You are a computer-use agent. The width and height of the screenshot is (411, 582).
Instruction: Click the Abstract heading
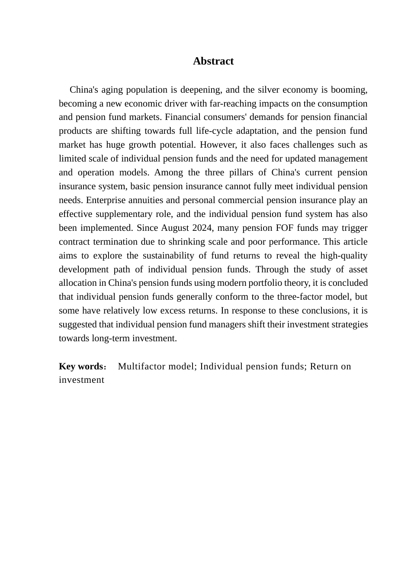213,61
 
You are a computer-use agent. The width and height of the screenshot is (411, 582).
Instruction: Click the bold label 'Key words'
80,366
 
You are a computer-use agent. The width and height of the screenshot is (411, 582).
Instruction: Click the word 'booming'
350,90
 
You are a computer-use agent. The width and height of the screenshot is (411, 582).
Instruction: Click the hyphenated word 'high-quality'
344,255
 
